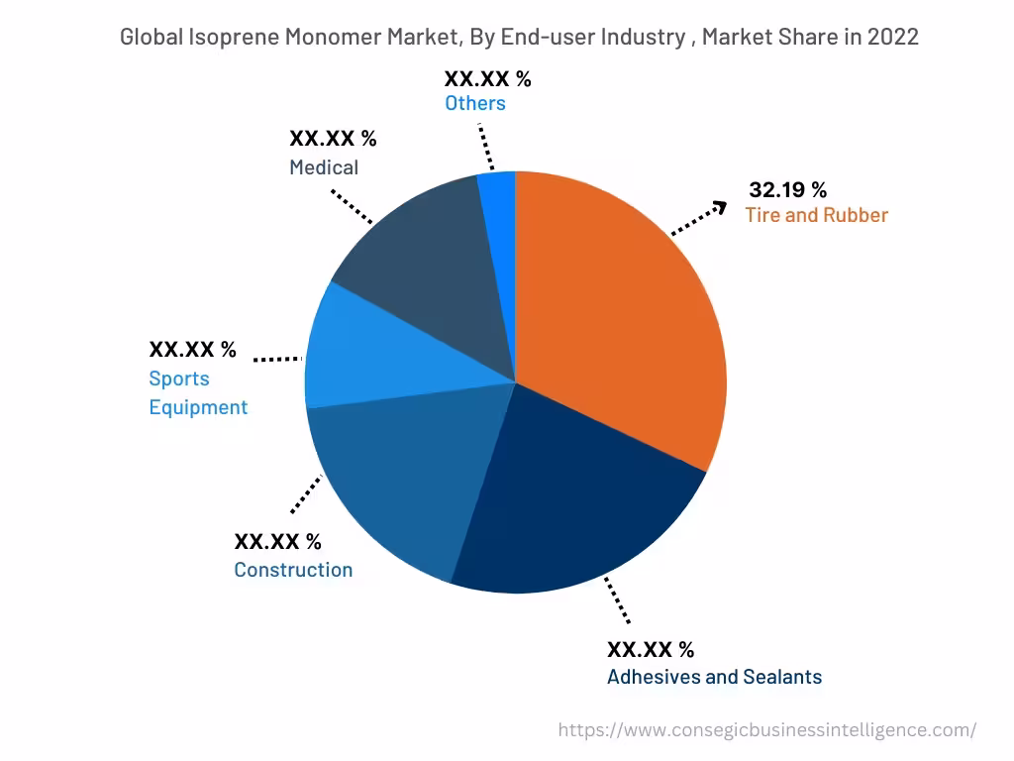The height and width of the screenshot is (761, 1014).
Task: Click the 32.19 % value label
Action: [x=787, y=190]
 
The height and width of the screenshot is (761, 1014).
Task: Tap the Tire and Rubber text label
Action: [x=817, y=215]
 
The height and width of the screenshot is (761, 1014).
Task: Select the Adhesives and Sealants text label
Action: [x=714, y=677]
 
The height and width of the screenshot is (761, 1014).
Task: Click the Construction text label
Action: [x=293, y=570]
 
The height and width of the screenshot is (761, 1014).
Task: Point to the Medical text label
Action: [x=324, y=167]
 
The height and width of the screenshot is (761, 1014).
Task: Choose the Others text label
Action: [x=475, y=103]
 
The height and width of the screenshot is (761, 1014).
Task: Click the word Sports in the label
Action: [x=179, y=379]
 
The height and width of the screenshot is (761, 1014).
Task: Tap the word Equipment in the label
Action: [x=198, y=407]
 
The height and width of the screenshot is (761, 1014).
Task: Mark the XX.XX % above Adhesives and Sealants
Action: [x=651, y=650]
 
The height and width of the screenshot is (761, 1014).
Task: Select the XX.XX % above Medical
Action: [x=333, y=139]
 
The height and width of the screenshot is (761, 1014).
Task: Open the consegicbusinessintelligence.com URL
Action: [x=766, y=730]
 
